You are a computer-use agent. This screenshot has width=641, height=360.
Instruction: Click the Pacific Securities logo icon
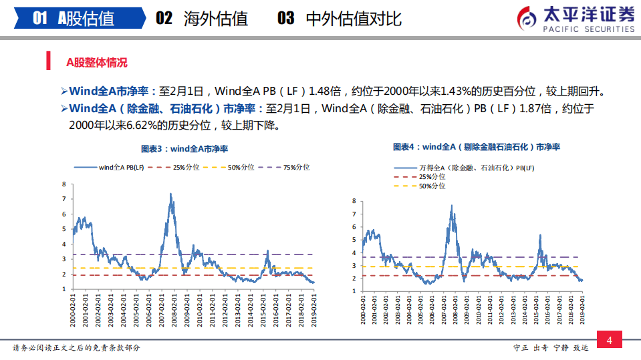(x=528, y=18)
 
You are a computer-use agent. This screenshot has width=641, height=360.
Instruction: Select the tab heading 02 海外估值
(x=202, y=18)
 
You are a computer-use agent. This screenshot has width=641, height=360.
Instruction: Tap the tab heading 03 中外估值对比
(x=340, y=18)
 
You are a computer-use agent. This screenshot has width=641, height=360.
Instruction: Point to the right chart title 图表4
(x=477, y=146)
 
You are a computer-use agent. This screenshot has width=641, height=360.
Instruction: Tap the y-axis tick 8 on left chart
(x=63, y=184)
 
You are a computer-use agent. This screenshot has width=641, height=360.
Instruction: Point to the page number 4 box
(x=609, y=341)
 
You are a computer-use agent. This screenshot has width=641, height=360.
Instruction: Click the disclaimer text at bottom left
(x=77, y=348)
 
